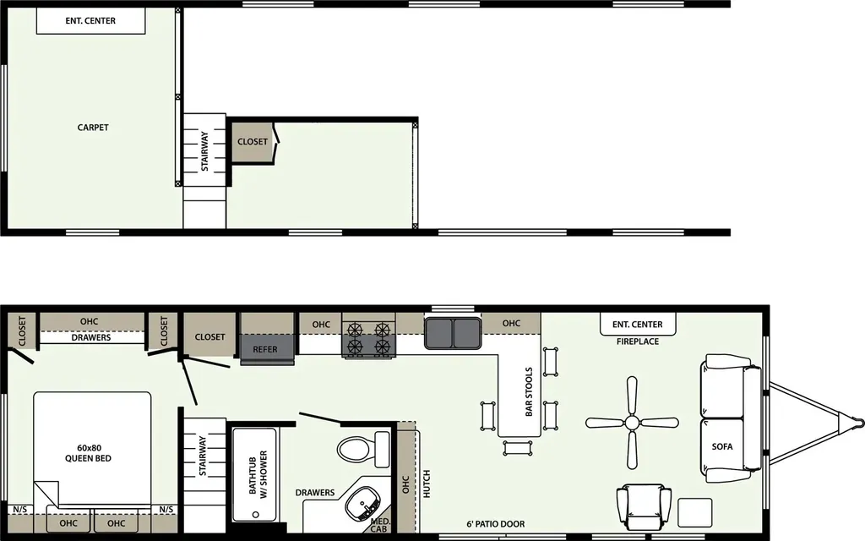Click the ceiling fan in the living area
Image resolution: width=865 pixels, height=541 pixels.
pyautogui.click(x=632, y=424)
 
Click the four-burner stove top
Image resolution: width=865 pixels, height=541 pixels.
pyautogui.click(x=368, y=339)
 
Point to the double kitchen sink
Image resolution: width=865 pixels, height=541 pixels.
pyautogui.click(x=453, y=333)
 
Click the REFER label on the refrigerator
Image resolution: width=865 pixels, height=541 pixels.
pyautogui.click(x=264, y=349)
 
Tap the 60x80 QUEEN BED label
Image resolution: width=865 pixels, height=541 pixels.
pyautogui.click(x=88, y=453)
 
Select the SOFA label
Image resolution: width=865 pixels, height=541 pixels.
pyautogui.click(x=722, y=446)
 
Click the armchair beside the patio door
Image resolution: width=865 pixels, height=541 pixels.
pyautogui.click(x=644, y=507)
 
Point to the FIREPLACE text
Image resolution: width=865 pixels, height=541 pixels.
pyautogui.click(x=638, y=342)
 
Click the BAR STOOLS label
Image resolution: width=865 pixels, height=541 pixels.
pyautogui.click(x=529, y=391)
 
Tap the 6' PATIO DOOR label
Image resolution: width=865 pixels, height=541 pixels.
pyautogui.click(x=495, y=524)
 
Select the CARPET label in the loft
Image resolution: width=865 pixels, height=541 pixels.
pyautogui.click(x=93, y=128)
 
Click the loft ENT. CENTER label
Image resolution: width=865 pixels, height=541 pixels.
pyautogui.click(x=90, y=21)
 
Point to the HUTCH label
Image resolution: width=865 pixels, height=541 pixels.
pyautogui.click(x=427, y=484)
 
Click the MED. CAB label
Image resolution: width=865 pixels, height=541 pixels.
pyautogui.click(x=379, y=525)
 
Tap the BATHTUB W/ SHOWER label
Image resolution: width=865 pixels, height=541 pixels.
pyautogui.click(x=258, y=475)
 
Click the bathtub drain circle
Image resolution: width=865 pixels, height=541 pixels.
pyautogui.click(x=255, y=515)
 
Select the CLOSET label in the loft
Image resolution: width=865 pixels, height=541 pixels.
pyautogui.click(x=252, y=142)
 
